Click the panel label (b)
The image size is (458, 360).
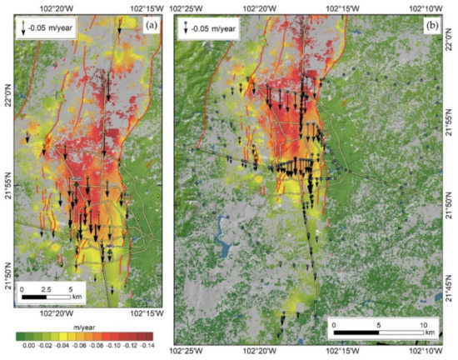tap(433, 26)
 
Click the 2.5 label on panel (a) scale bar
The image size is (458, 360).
tap(47, 287)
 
